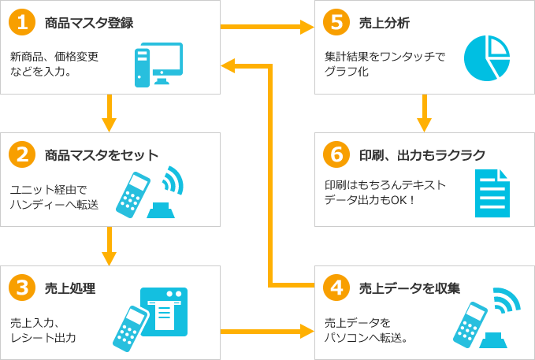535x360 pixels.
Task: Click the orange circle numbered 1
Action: coord(23,22)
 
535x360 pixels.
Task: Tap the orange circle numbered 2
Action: coord(23,154)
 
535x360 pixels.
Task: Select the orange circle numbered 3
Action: coord(23,288)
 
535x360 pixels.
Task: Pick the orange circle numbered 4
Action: coord(337,288)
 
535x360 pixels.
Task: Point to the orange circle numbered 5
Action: coord(337,22)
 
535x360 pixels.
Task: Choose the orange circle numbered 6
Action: coord(337,154)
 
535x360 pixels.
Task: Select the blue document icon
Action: coord(492,193)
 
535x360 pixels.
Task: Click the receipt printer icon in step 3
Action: coord(164,308)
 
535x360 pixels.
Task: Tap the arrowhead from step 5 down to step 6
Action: coord(424,124)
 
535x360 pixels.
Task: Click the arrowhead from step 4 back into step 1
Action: coord(228,65)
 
